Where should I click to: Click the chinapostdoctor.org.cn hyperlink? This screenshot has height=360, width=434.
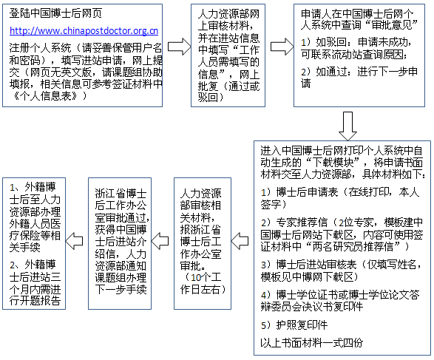click(84, 31)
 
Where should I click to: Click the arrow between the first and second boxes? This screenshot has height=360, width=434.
click(179, 47)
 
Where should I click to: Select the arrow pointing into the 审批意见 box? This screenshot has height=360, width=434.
click(282, 47)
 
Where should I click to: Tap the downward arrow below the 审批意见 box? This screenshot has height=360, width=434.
click(347, 126)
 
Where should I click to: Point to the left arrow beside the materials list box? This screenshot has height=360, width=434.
click(240, 241)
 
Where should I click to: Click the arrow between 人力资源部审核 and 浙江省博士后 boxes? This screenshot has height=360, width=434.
click(160, 241)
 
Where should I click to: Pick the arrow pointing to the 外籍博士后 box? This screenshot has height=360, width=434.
click(74, 241)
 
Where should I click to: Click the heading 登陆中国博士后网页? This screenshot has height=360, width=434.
click(55, 13)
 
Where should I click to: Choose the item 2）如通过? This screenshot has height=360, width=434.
click(359, 78)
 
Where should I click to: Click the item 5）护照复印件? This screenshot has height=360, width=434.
click(294, 325)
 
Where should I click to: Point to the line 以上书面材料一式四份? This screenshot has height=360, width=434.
click(312, 342)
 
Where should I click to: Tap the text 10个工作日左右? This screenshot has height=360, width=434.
click(203, 283)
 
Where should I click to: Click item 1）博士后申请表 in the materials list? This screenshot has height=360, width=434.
click(340, 198)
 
